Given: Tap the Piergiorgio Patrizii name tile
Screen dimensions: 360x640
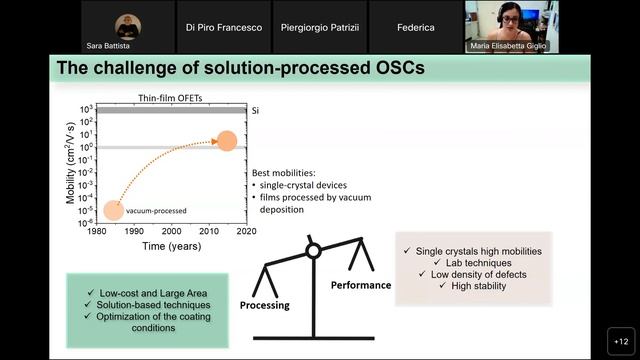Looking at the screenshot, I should click(x=319, y=27).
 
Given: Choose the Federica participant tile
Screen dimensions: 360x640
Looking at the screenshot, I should click(x=415, y=27).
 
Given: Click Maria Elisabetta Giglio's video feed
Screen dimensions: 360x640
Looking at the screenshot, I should click(x=511, y=26).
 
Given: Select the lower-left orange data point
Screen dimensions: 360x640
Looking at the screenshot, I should click(x=113, y=210).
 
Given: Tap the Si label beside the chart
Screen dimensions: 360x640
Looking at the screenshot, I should click(x=255, y=110).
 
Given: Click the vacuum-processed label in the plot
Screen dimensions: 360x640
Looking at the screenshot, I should click(x=155, y=210).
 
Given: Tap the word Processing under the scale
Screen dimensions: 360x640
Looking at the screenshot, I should click(x=264, y=304).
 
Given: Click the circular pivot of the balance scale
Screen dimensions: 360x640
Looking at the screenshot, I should click(x=313, y=250).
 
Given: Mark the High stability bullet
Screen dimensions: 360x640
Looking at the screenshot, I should click(x=477, y=287).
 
